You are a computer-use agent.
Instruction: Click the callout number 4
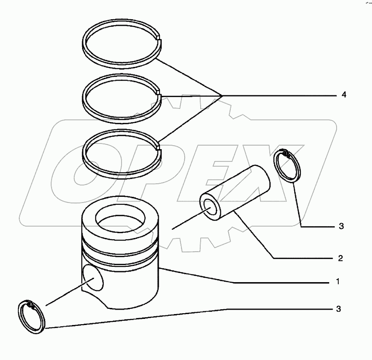pos(344,95)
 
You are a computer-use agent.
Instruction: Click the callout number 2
pos(341,259)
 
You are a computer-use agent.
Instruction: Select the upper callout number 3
pos(341,227)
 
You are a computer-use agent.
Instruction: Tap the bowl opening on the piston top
pos(120,217)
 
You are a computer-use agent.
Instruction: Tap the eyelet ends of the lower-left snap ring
pos(31,305)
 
